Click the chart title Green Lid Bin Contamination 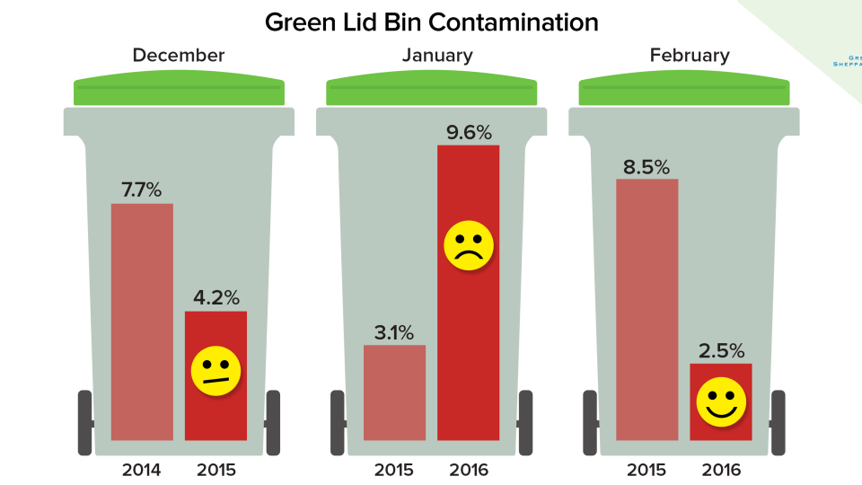[431, 22]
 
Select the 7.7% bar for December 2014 [142, 322]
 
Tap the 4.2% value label [215, 297]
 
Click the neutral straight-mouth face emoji [215, 370]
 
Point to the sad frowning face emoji [468, 246]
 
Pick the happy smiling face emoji [720, 402]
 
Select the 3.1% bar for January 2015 [394, 392]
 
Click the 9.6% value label [468, 132]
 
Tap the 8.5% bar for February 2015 [646, 309]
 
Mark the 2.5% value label [720, 350]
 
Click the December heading [179, 56]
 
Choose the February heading [689, 56]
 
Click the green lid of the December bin [179, 91]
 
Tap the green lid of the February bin [684, 91]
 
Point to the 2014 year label [142, 468]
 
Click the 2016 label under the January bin [468, 468]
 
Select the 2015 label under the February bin [646, 468]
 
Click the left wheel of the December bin [85, 422]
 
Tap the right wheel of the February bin [778, 422]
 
